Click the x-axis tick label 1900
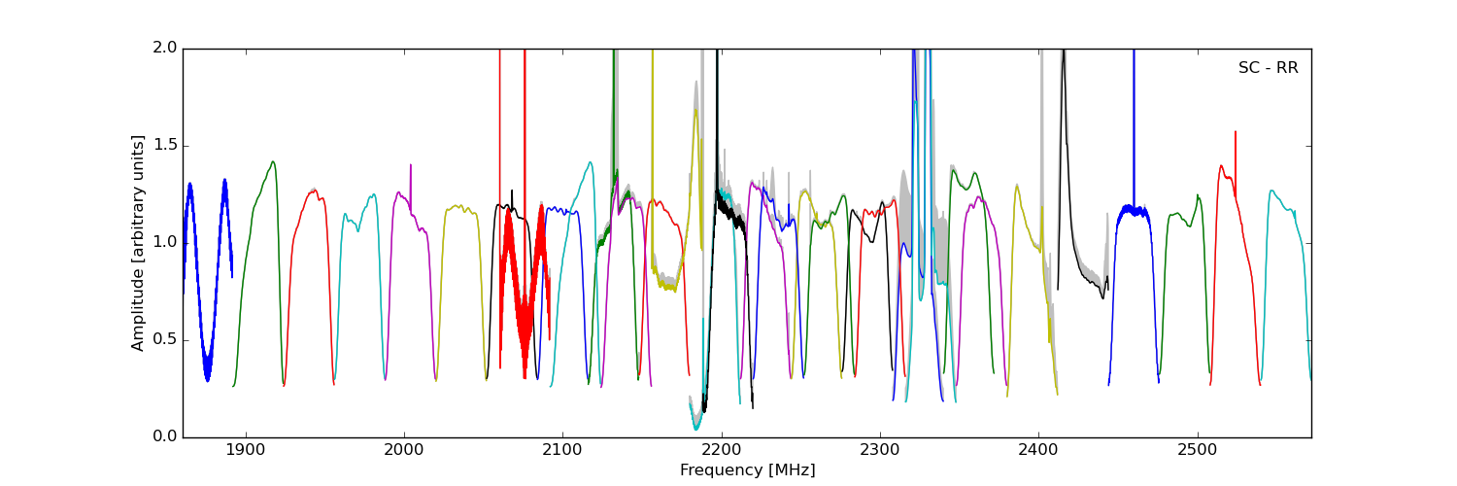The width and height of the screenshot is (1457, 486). pos(246,451)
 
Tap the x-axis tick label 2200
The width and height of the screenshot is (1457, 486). pos(722,451)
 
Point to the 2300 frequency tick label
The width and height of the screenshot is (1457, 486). pos(880,451)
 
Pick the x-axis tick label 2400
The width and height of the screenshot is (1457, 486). pos(1038,451)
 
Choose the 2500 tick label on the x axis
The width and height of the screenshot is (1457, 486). pos(1197,451)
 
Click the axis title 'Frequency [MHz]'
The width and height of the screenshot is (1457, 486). pos(747,470)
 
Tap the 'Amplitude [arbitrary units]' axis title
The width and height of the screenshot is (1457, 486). pos(138,243)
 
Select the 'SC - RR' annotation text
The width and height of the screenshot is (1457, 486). pos(1268,68)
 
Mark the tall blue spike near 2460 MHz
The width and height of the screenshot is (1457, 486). pos(1134,117)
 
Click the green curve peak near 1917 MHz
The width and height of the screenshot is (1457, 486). pos(273,162)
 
